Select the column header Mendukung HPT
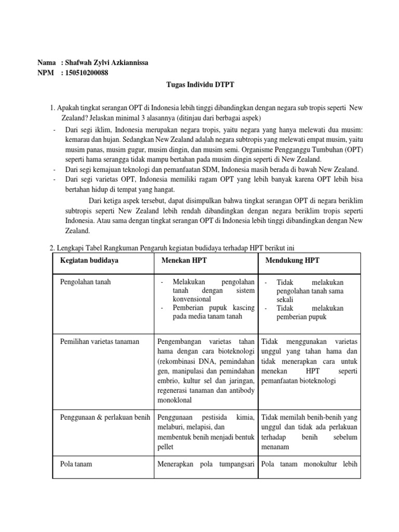tap(292, 260)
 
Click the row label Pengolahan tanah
tap(85, 282)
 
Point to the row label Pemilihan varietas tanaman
tap(100, 341)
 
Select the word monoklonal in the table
tap(174, 400)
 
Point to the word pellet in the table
tap(166, 446)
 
